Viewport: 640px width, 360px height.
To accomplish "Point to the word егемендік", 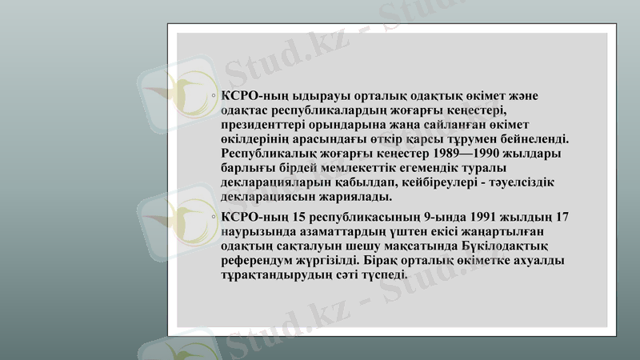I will tap(450, 168).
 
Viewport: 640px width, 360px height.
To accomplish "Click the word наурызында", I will tap(257, 232).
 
